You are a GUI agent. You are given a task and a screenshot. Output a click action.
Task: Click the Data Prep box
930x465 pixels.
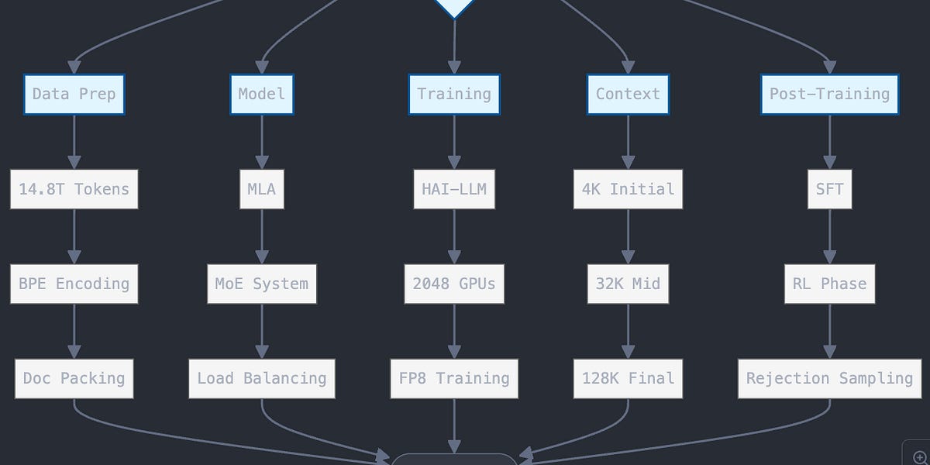pyautogui.click(x=74, y=95)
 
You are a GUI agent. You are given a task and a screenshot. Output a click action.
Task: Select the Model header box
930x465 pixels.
pyautogui.click(x=262, y=95)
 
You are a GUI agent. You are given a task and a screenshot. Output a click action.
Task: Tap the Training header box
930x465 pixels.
pyautogui.click(x=454, y=95)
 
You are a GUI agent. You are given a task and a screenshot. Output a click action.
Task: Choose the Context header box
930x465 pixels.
pyautogui.click(x=628, y=95)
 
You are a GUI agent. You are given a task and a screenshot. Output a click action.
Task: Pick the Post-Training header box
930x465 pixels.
pyautogui.click(x=829, y=95)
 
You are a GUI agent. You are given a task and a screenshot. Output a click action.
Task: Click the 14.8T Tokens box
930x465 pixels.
pyautogui.click(x=74, y=189)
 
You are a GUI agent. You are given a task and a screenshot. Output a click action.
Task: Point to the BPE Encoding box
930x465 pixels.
pyautogui.click(x=74, y=284)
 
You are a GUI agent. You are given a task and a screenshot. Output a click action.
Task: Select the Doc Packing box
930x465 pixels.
pyautogui.click(x=74, y=378)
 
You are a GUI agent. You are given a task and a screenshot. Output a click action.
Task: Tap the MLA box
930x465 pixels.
pyautogui.click(x=262, y=189)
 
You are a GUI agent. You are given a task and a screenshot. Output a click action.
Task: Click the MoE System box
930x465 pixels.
pyautogui.click(x=262, y=284)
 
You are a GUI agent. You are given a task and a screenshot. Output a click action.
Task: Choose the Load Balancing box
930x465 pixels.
pyautogui.click(x=262, y=378)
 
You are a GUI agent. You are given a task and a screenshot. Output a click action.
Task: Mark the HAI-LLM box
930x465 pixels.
pyautogui.click(x=454, y=189)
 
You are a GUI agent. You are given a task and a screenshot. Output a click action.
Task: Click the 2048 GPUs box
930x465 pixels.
pyautogui.click(x=454, y=284)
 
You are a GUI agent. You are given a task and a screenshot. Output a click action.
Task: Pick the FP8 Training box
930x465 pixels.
pyautogui.click(x=454, y=378)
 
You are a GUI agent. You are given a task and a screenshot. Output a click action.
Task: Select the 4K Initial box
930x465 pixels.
pyautogui.click(x=628, y=189)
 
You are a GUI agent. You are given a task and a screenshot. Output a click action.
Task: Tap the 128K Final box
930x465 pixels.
pyautogui.click(x=628, y=378)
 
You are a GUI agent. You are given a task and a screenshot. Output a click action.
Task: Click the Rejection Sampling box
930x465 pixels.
pyautogui.click(x=829, y=378)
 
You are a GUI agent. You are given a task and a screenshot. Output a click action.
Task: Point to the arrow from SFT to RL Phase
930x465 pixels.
pyautogui.click(x=829, y=236)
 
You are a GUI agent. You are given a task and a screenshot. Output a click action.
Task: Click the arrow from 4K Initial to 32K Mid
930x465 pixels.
pyautogui.click(x=628, y=236)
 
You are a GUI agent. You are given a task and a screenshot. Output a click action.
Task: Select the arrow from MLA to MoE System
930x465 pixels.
pyautogui.click(x=262, y=236)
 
